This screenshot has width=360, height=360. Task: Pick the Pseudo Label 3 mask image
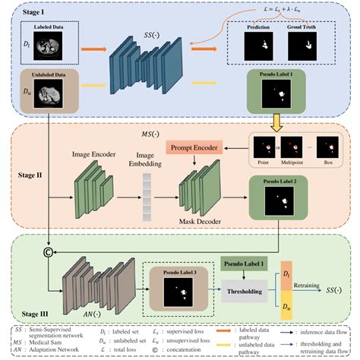tap(178, 289)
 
